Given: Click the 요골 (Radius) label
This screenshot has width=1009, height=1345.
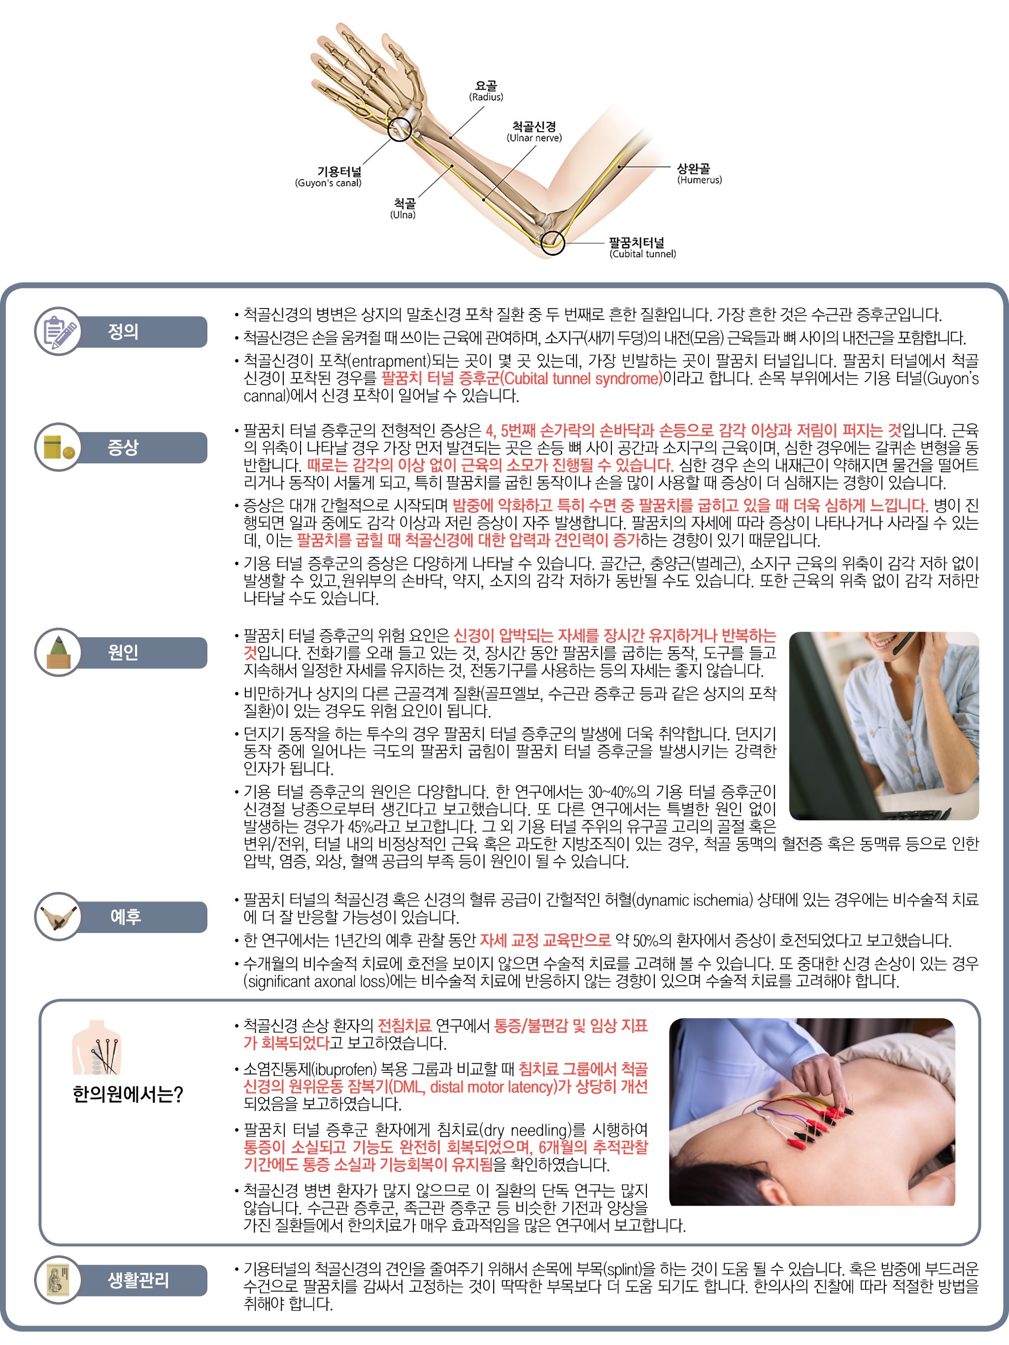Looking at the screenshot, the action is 486,91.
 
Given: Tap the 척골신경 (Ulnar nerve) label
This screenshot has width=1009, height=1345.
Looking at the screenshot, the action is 534,131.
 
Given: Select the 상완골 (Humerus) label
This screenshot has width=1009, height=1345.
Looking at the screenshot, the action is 700,173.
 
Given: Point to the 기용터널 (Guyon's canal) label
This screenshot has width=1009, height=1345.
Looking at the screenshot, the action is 328,177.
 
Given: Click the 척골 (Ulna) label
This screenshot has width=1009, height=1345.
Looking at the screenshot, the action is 403,208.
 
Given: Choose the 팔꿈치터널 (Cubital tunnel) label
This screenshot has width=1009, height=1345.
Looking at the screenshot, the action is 642,248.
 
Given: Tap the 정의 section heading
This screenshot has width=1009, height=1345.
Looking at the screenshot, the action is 123,332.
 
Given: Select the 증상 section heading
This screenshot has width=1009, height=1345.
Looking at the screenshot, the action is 123,448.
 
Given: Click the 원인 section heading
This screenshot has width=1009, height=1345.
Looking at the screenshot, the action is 123,653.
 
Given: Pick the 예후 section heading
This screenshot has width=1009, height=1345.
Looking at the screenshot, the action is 125,916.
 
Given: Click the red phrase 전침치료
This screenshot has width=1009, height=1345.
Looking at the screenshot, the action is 404,1025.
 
